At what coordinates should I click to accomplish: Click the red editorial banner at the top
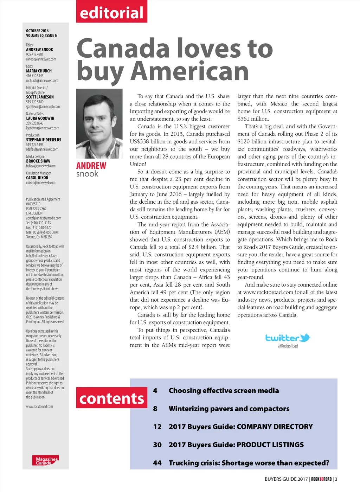[111, 12]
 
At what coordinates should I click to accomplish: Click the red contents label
[111, 398]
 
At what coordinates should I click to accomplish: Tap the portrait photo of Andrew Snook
[99, 123]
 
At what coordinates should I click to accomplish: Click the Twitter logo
[288, 338]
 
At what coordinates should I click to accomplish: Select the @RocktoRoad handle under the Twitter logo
[288, 346]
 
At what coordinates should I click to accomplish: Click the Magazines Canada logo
[46, 460]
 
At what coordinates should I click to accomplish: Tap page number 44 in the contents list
[157, 463]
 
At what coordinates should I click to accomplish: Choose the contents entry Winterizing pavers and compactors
[229, 409]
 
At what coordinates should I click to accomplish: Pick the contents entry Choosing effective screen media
[224, 390]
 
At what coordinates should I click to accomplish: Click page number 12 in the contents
[157, 427]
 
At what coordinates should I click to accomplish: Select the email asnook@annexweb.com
[41, 59]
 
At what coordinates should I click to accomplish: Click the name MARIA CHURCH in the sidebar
[39, 71]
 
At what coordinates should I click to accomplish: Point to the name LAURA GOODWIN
[40, 118]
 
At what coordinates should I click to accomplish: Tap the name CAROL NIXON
[37, 178]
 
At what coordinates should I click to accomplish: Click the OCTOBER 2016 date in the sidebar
[37, 31]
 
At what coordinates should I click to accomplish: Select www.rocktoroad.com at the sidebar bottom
[39, 407]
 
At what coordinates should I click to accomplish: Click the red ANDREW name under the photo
[91, 166]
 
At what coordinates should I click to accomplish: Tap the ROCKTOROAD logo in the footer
[321, 479]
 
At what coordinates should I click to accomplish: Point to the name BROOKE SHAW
[38, 161]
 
